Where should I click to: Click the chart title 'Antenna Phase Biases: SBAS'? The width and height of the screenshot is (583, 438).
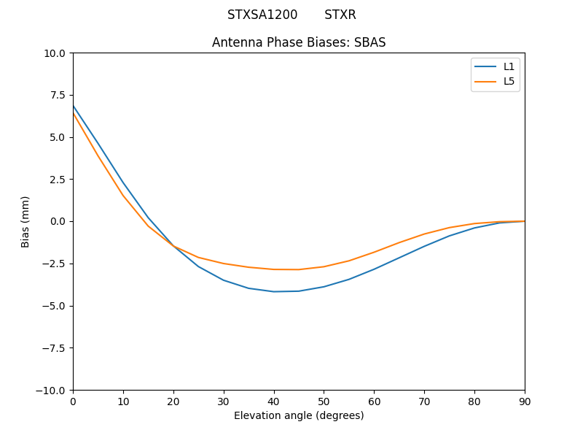(x=299, y=42)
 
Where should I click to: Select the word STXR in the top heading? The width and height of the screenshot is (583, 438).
(x=340, y=15)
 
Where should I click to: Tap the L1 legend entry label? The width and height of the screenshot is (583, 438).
(x=509, y=66)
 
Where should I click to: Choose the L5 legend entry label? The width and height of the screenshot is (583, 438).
(x=509, y=81)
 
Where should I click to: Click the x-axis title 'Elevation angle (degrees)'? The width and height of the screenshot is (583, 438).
(x=299, y=416)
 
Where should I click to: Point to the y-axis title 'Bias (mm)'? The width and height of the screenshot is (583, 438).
(x=26, y=221)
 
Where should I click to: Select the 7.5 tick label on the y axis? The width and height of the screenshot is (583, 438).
(x=58, y=95)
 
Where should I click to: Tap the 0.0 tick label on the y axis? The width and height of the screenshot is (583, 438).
(x=58, y=221)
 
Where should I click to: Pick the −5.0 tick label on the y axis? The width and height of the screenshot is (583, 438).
(x=54, y=306)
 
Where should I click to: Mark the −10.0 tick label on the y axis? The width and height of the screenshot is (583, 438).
(x=52, y=390)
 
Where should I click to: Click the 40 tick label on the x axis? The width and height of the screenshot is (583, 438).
(x=274, y=401)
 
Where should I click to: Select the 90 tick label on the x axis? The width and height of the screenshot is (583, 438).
(x=525, y=401)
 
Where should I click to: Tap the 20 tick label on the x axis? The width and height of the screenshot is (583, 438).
(x=173, y=401)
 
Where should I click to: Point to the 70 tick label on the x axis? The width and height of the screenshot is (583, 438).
(x=424, y=401)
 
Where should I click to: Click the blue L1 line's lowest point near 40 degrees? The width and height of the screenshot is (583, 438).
(x=274, y=291)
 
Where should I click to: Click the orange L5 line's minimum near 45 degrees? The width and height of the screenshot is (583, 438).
(x=299, y=269)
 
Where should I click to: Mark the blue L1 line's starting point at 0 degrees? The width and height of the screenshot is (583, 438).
(x=74, y=106)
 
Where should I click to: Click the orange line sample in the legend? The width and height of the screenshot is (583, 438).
(x=486, y=81)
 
